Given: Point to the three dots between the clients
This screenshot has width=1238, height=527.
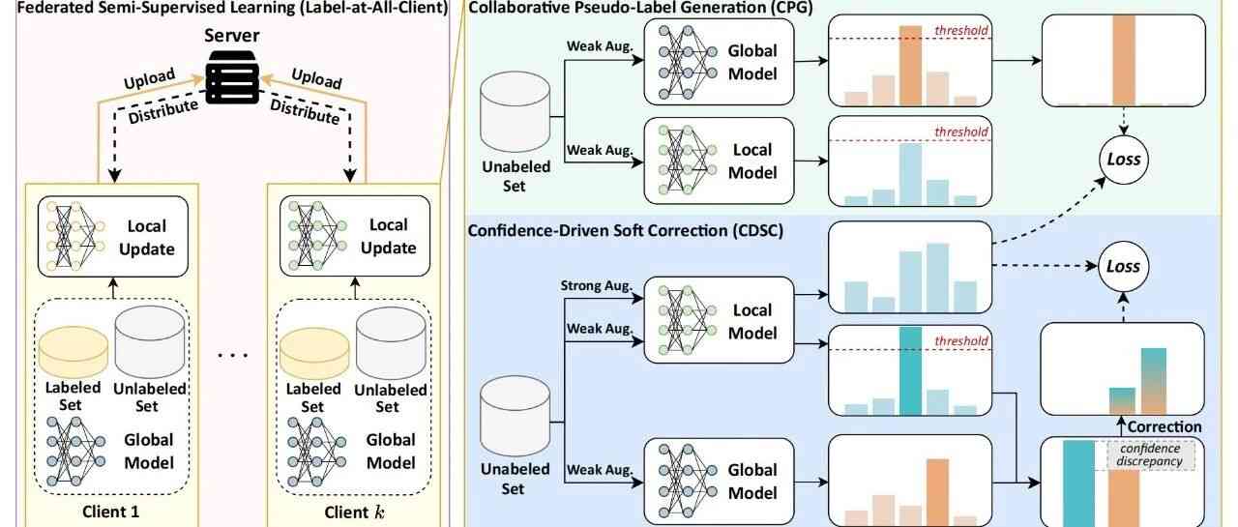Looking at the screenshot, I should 232,355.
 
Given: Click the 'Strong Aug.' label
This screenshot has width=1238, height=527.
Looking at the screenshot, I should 597,286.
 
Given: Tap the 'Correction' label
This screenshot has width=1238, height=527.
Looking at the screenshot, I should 1164,426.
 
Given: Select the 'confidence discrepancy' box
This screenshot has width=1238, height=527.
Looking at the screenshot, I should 1149,454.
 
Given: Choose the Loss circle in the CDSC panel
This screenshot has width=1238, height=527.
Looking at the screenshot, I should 1122,267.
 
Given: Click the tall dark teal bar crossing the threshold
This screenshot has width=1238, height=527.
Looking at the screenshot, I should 909,370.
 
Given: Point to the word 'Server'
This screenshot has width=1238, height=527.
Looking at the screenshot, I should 232,35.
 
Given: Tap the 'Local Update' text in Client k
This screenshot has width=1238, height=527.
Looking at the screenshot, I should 389,238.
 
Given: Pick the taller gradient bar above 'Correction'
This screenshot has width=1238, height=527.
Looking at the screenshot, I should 1154,380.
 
